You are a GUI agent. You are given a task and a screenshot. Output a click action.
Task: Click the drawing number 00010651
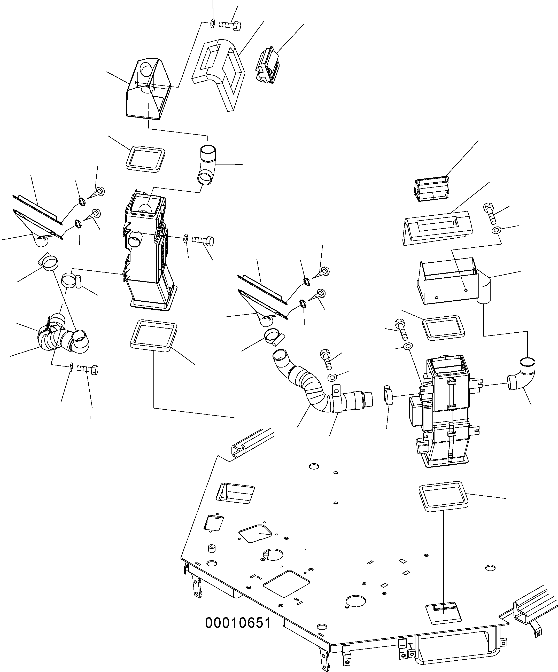238,623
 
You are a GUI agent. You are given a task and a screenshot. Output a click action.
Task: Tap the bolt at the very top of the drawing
230,25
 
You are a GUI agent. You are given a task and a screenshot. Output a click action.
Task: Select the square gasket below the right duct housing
443,499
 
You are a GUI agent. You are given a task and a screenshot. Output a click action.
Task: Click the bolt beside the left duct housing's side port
203,240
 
